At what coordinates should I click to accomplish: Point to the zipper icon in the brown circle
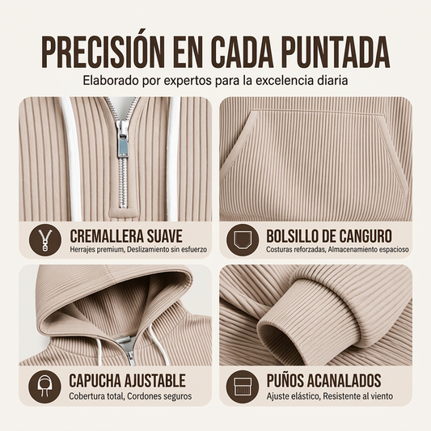pos(45,240)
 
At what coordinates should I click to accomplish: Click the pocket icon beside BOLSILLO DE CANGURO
pos(243,240)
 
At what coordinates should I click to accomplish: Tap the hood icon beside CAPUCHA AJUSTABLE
pos(44,387)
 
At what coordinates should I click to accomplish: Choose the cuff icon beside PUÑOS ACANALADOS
pos(243,387)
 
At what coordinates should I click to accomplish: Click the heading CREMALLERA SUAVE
pos(126,236)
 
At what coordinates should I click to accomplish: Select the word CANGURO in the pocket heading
pos(365,236)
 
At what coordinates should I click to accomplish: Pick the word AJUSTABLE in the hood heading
pos(154,381)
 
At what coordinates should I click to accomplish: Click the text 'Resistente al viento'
pos(357,396)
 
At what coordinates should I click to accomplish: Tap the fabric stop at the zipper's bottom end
pos(123,213)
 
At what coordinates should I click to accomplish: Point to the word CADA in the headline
pos(242,52)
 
